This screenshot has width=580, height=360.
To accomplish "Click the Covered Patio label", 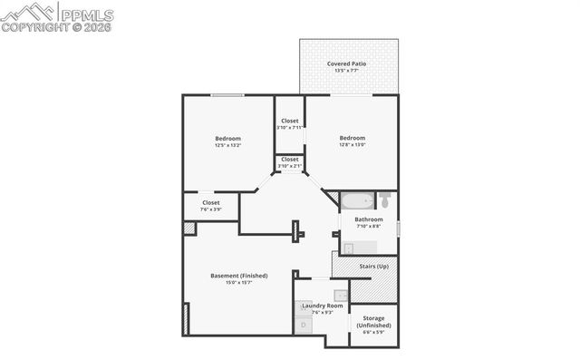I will [x=347, y=63].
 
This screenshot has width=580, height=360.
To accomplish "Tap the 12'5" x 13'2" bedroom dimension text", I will [x=227, y=145].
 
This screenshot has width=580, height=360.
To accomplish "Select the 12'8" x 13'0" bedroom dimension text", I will [x=352, y=145].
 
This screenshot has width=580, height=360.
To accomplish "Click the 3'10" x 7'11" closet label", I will [x=290, y=128].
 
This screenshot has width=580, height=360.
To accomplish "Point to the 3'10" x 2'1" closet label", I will [x=290, y=166].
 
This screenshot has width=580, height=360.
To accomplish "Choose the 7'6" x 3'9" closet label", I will [x=211, y=209].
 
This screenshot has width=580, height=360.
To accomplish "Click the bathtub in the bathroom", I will [x=357, y=200].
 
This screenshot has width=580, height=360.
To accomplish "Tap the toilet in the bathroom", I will [x=385, y=199].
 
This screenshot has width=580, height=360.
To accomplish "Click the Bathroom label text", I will [x=369, y=219].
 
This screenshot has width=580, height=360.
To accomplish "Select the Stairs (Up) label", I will [x=373, y=267].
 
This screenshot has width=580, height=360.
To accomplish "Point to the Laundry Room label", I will [x=320, y=306].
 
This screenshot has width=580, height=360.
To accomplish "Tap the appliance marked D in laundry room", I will [x=304, y=324].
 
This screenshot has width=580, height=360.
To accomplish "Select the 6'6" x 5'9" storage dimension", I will [x=373, y=332].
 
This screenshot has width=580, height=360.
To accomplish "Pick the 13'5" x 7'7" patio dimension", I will [x=347, y=71].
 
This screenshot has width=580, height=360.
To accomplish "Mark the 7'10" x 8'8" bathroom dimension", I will [x=369, y=227].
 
